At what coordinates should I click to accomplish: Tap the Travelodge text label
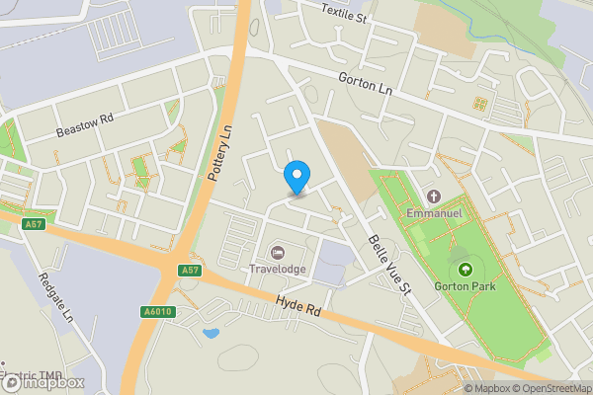pos(277,269)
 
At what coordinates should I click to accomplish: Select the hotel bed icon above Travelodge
pos(277,253)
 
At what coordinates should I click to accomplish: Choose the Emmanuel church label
pos(435,212)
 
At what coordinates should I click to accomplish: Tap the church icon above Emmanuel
pos(434,194)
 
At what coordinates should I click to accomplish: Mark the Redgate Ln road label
pos(55,297)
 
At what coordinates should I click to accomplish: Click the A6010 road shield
pos(157,311)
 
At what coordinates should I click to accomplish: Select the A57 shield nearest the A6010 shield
pos(191,270)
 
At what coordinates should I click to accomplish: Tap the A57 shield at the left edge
pos(35,225)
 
